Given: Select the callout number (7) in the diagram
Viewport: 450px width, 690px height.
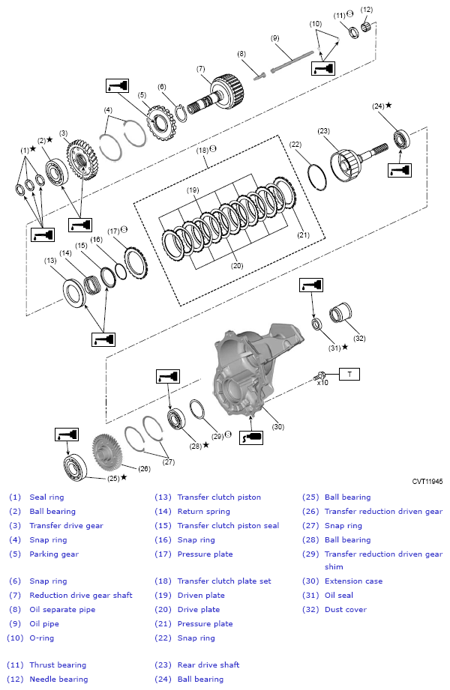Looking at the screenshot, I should pyautogui.click(x=201, y=69).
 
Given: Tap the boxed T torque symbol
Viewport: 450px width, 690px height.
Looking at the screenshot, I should pyautogui.click(x=349, y=372).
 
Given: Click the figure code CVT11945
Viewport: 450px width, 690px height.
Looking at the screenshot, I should pyautogui.click(x=427, y=482).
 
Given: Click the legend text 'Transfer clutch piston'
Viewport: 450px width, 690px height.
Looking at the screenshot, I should pyautogui.click(x=218, y=497).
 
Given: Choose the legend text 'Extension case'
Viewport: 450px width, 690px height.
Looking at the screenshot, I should pyautogui.click(x=353, y=581).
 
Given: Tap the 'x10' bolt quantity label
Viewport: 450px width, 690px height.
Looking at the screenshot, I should pyautogui.click(x=322, y=382).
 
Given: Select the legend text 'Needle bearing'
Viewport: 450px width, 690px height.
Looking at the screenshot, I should pyautogui.click(x=58, y=679).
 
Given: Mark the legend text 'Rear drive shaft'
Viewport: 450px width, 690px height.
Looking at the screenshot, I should pyautogui.click(x=208, y=665).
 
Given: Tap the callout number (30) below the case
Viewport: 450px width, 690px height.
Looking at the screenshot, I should pyautogui.click(x=277, y=426).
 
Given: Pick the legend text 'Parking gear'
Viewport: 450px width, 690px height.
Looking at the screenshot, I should pyautogui.click(x=54, y=554).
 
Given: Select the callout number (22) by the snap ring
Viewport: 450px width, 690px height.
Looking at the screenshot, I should pyautogui.click(x=295, y=144).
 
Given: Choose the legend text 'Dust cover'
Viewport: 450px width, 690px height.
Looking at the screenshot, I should pyautogui.click(x=346, y=609).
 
